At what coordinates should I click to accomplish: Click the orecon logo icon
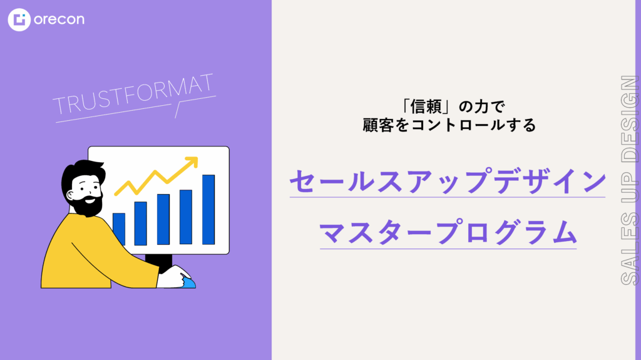click(19, 19)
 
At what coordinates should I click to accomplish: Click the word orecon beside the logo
click(59, 19)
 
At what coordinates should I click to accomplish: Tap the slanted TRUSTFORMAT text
click(133, 94)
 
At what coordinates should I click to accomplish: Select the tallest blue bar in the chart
click(208, 210)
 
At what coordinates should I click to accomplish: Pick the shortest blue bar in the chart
click(119, 229)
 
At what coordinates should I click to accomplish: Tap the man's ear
click(71, 195)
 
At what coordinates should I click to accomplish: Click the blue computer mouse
click(188, 282)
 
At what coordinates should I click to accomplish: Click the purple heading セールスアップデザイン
click(448, 180)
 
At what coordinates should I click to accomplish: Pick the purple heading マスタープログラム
click(448, 232)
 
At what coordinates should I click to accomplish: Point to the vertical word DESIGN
click(630, 118)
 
